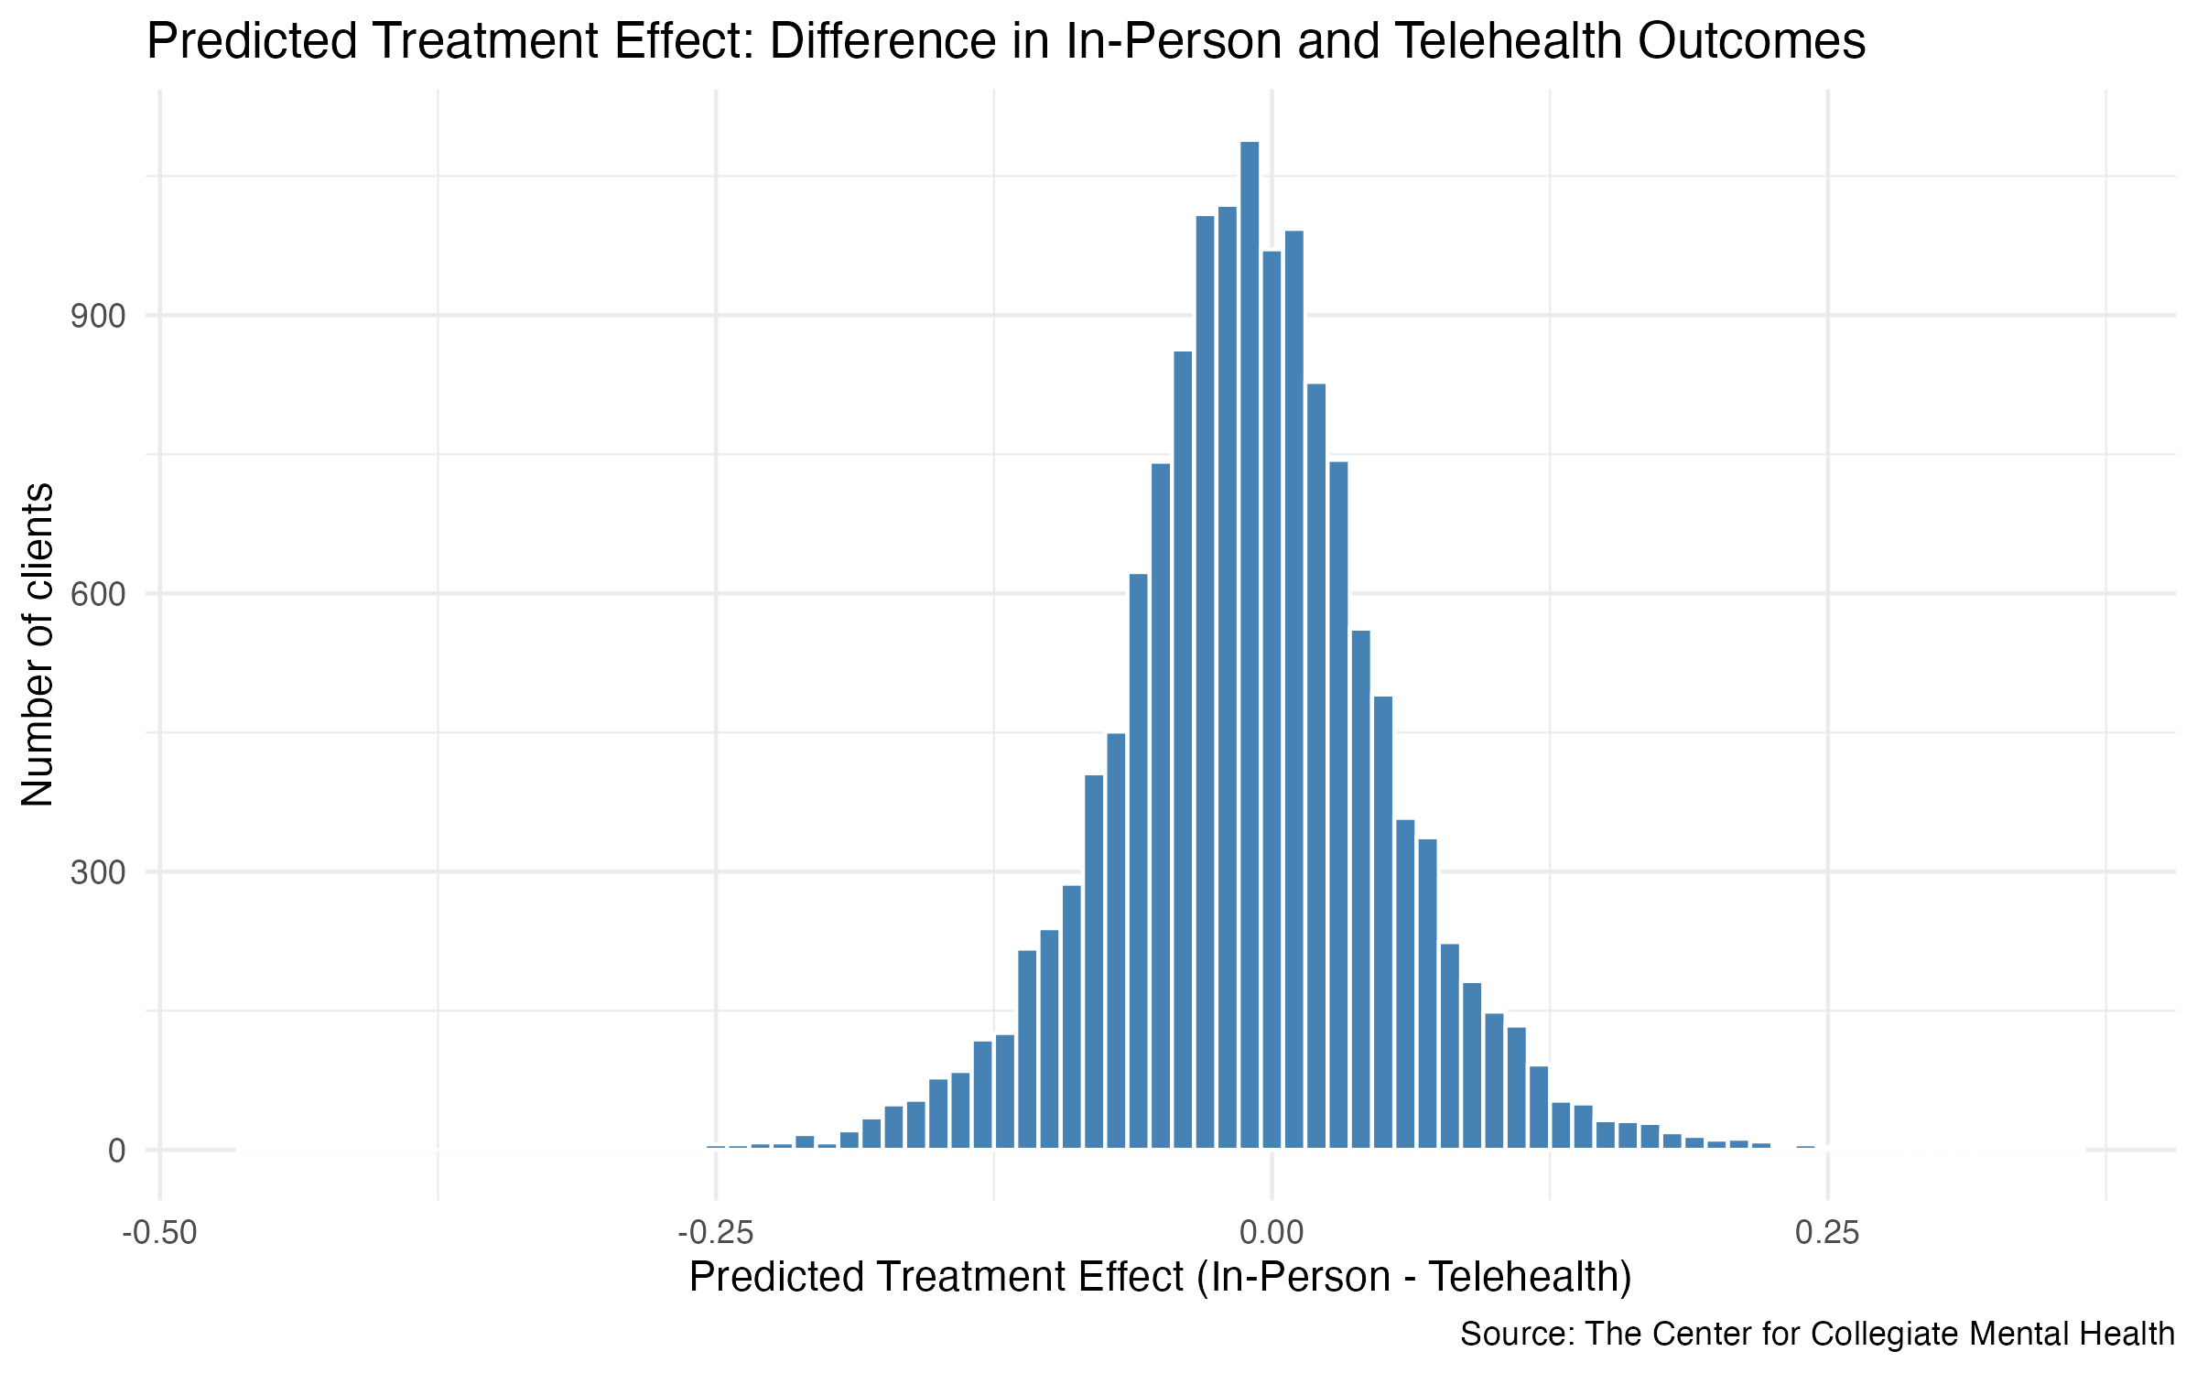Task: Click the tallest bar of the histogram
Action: [1249, 641]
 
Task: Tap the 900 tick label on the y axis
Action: [98, 317]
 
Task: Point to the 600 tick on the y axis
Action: [98, 595]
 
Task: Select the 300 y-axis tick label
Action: [98, 873]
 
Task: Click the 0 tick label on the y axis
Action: [116, 1151]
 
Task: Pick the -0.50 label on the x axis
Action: [159, 1233]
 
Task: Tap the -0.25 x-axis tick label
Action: [715, 1233]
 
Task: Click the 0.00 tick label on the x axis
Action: [1271, 1233]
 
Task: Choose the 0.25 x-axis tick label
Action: [1827, 1233]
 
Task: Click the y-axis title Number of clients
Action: [38, 644]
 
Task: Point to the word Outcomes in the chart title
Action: [1751, 42]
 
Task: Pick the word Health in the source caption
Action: [2126, 1334]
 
